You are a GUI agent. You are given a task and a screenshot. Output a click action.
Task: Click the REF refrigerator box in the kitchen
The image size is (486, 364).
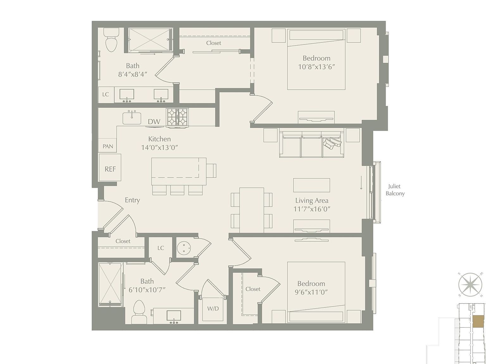click(110, 168)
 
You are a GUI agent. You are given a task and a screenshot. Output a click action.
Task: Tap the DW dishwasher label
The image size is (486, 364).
click(154, 122)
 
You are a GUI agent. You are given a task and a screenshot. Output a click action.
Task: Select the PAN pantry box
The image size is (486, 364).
click(108, 146)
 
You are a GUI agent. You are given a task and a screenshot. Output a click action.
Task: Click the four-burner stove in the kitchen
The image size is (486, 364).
click(178, 117)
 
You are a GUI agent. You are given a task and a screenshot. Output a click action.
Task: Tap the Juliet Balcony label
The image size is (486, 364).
click(395, 190)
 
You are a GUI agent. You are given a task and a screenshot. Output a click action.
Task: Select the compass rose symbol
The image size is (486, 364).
click(470, 284)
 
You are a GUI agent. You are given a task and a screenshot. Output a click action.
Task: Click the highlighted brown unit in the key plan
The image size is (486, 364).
click(478, 321)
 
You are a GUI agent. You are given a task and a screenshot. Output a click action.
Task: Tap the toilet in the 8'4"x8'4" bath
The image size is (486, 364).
click(111, 41)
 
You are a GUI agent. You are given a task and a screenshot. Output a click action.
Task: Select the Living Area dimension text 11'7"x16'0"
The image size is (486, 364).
click(312, 209)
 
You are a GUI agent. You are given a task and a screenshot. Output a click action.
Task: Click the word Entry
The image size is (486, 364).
click(132, 200)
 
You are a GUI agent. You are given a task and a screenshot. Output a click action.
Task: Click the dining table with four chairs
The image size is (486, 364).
click(252, 210)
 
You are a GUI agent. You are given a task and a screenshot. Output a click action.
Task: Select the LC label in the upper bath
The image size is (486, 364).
click(105, 94)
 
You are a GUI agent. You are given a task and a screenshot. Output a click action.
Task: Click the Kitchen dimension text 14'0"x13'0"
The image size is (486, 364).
click(159, 148)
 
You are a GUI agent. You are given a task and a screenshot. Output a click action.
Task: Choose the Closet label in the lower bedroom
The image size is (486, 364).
click(253, 289)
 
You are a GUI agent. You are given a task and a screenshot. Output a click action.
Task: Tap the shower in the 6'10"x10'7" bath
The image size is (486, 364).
click(110, 284)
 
